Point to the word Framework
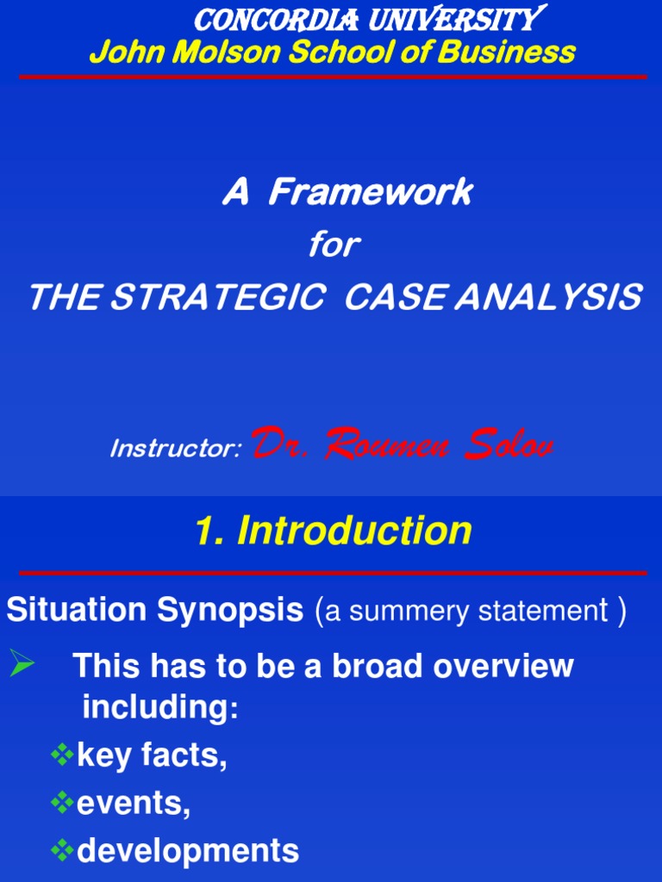click(370, 193)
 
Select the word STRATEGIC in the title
click(217, 298)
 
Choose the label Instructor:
click(176, 449)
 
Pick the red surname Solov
click(508, 445)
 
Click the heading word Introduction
click(354, 531)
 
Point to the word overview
click(504, 666)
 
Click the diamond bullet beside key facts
click(61, 756)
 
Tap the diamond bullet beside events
click(61, 804)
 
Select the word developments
click(188, 852)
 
